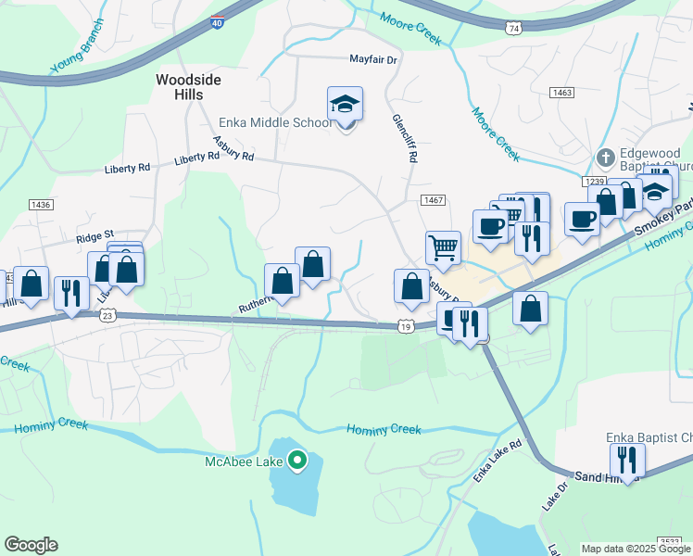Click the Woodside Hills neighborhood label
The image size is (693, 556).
(188, 87)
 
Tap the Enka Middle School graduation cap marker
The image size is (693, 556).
(345, 107)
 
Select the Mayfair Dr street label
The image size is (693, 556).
(372, 59)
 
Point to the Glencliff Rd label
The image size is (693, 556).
(405, 138)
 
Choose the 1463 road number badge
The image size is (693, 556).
(561, 93)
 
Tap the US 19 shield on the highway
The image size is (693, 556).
(406, 325)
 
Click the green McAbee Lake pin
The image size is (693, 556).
(296, 459)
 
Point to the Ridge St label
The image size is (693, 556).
(94, 236)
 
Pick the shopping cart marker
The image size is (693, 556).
(443, 248)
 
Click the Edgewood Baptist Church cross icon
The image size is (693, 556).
(606, 158)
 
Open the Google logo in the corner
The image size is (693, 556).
(31, 545)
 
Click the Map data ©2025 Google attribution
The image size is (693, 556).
(636, 549)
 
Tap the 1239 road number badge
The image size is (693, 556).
(595, 182)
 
